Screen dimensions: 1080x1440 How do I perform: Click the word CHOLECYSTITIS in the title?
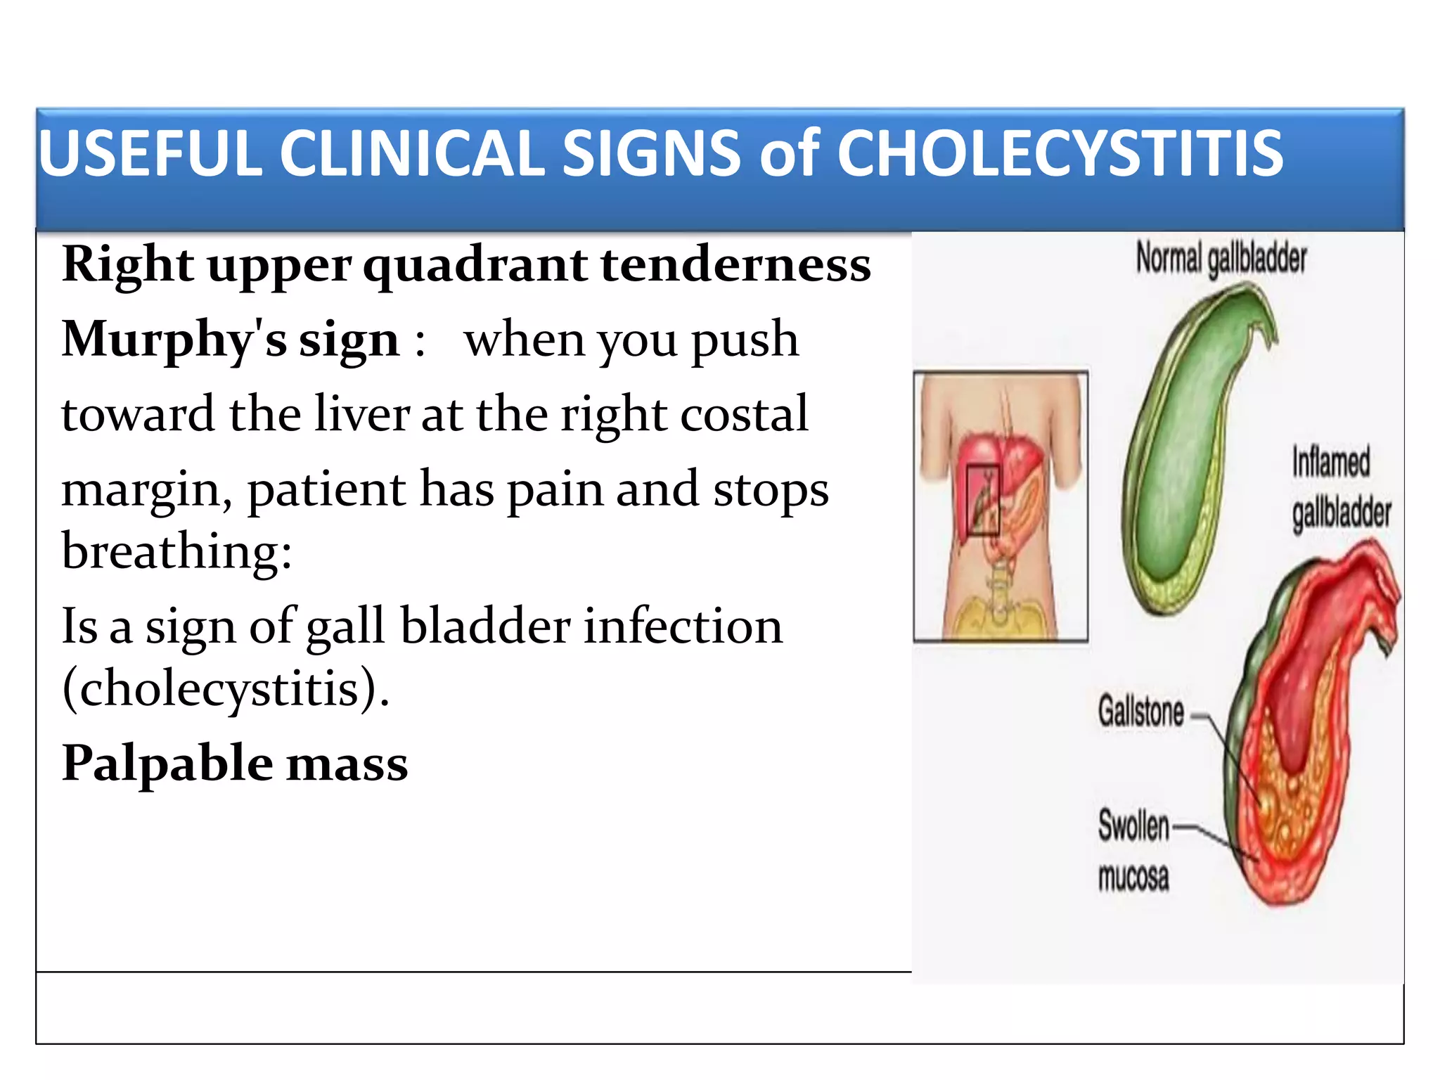click(x=1060, y=153)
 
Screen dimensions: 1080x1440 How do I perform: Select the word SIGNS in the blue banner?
click(x=651, y=153)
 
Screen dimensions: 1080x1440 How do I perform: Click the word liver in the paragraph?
click(x=361, y=413)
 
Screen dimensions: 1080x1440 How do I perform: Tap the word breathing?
click(x=176, y=551)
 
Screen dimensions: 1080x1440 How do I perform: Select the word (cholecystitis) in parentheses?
click(x=225, y=688)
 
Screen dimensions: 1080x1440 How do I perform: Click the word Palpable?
click(x=167, y=764)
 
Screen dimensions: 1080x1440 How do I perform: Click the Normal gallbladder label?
click(x=1221, y=259)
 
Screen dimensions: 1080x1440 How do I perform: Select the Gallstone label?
click(x=1141, y=711)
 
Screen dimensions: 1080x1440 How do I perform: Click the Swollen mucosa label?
click(x=1133, y=851)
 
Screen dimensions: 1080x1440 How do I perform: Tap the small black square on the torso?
click(x=982, y=500)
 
